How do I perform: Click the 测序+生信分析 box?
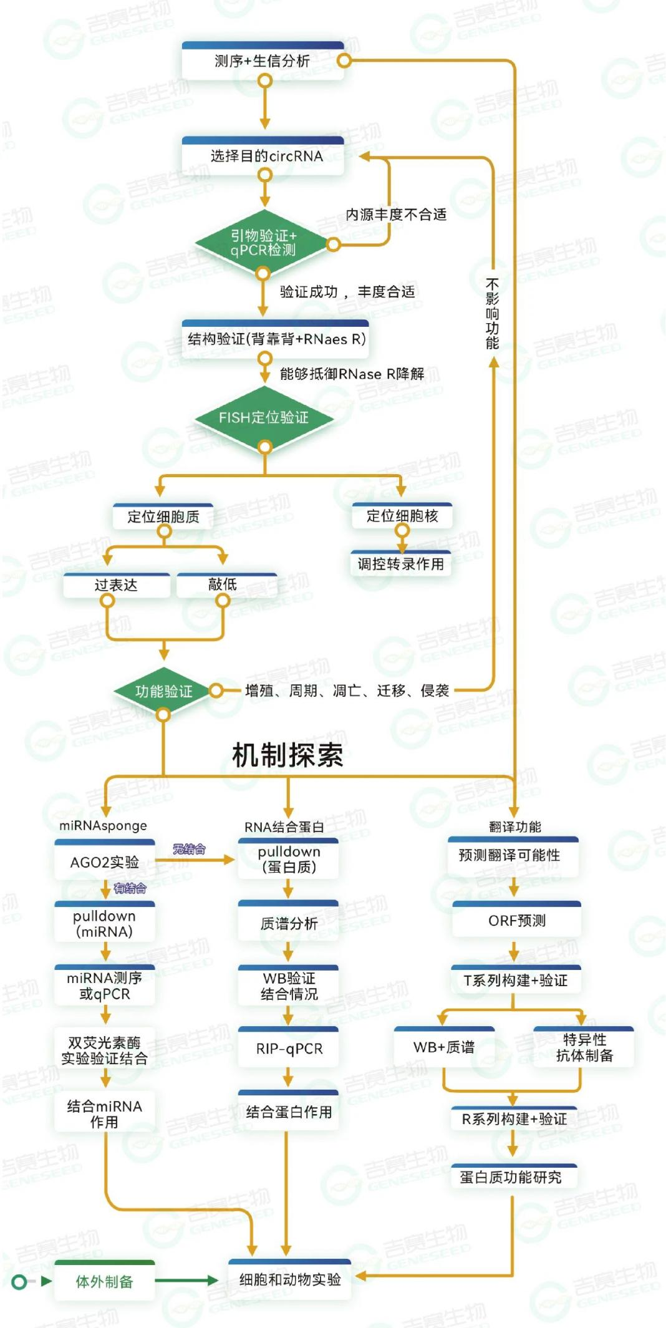coord(263,61)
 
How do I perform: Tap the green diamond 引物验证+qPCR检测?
coord(263,243)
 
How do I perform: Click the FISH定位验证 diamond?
coord(263,417)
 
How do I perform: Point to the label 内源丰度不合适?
coord(396,215)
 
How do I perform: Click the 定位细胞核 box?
coord(402,516)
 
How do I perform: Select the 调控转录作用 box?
coord(400,564)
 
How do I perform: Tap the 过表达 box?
coord(116,585)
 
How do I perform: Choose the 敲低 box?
coord(223,584)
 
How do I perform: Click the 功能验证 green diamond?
coord(163,691)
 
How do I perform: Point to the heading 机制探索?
coord(287,755)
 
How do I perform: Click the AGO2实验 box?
coord(104,862)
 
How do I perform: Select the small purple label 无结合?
coord(189,849)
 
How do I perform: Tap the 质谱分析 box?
coord(289,923)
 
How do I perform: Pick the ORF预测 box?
coord(516,921)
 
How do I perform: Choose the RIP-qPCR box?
coord(289,1049)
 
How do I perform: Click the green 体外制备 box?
coord(104,1281)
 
